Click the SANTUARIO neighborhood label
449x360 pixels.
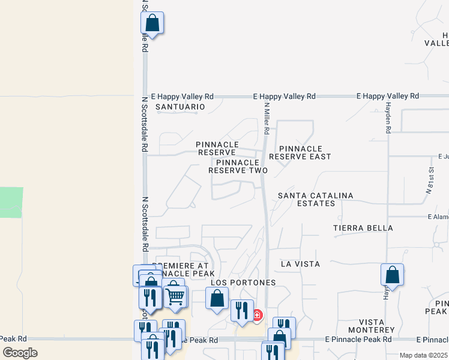180,107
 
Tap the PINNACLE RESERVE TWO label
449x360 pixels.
238,166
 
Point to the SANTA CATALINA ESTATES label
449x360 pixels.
315,200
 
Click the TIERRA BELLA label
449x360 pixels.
363,228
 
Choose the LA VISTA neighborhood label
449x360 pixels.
300,264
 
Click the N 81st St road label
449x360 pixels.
430,181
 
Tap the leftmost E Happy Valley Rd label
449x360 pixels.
182,96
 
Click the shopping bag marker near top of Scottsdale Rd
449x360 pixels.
152,23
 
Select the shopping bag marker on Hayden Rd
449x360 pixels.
392,275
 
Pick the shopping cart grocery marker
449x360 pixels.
175,296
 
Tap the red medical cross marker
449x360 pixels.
258,314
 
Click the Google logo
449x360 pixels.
20,353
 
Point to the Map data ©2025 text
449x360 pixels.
423,355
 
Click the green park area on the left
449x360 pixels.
11,202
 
